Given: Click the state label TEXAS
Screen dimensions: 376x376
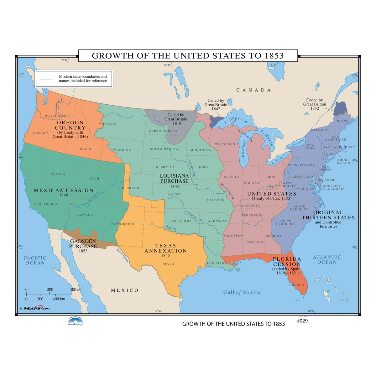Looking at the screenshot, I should point(168,264).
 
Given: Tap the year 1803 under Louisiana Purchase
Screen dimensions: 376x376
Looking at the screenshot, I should point(175,186).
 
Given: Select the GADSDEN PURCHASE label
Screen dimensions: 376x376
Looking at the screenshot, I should point(83,244).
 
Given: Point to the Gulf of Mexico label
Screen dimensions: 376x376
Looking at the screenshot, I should point(242,292).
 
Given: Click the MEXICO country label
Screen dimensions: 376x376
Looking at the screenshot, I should point(125,290).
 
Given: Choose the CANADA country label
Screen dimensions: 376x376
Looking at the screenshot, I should point(253,90).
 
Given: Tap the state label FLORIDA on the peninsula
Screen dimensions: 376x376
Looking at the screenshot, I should point(296,285).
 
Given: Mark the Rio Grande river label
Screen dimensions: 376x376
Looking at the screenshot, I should point(122,255).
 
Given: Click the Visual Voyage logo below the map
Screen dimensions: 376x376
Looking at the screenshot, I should point(76,321).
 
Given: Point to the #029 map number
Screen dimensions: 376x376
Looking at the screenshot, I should point(302,321).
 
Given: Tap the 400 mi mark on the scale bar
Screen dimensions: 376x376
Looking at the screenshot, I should point(76,290).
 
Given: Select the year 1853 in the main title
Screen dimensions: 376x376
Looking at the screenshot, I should point(274,56).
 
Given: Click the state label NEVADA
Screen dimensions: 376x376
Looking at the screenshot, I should point(58,174).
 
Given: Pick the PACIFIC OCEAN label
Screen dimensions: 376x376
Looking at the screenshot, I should point(35,260).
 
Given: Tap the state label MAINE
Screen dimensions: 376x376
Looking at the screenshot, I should point(342,121).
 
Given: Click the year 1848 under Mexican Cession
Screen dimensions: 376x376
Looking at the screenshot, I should point(64,195).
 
